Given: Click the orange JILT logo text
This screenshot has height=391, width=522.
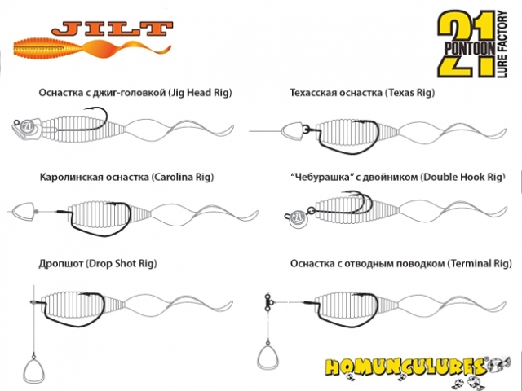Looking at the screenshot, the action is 113,29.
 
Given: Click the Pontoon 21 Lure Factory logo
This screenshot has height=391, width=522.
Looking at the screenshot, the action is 473,43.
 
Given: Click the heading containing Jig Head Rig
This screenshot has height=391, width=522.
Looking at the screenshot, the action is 135,92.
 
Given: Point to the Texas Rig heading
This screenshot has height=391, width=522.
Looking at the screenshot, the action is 362,92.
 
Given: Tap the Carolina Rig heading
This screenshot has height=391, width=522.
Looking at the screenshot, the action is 126,177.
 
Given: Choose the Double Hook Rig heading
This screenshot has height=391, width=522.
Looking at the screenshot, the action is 398,177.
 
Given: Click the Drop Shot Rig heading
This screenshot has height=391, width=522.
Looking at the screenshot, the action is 98,263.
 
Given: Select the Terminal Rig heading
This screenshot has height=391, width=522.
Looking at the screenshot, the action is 400,263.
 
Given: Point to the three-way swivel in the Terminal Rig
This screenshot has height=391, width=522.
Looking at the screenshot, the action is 268,301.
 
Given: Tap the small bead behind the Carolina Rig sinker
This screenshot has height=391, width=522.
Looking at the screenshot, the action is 37,212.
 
